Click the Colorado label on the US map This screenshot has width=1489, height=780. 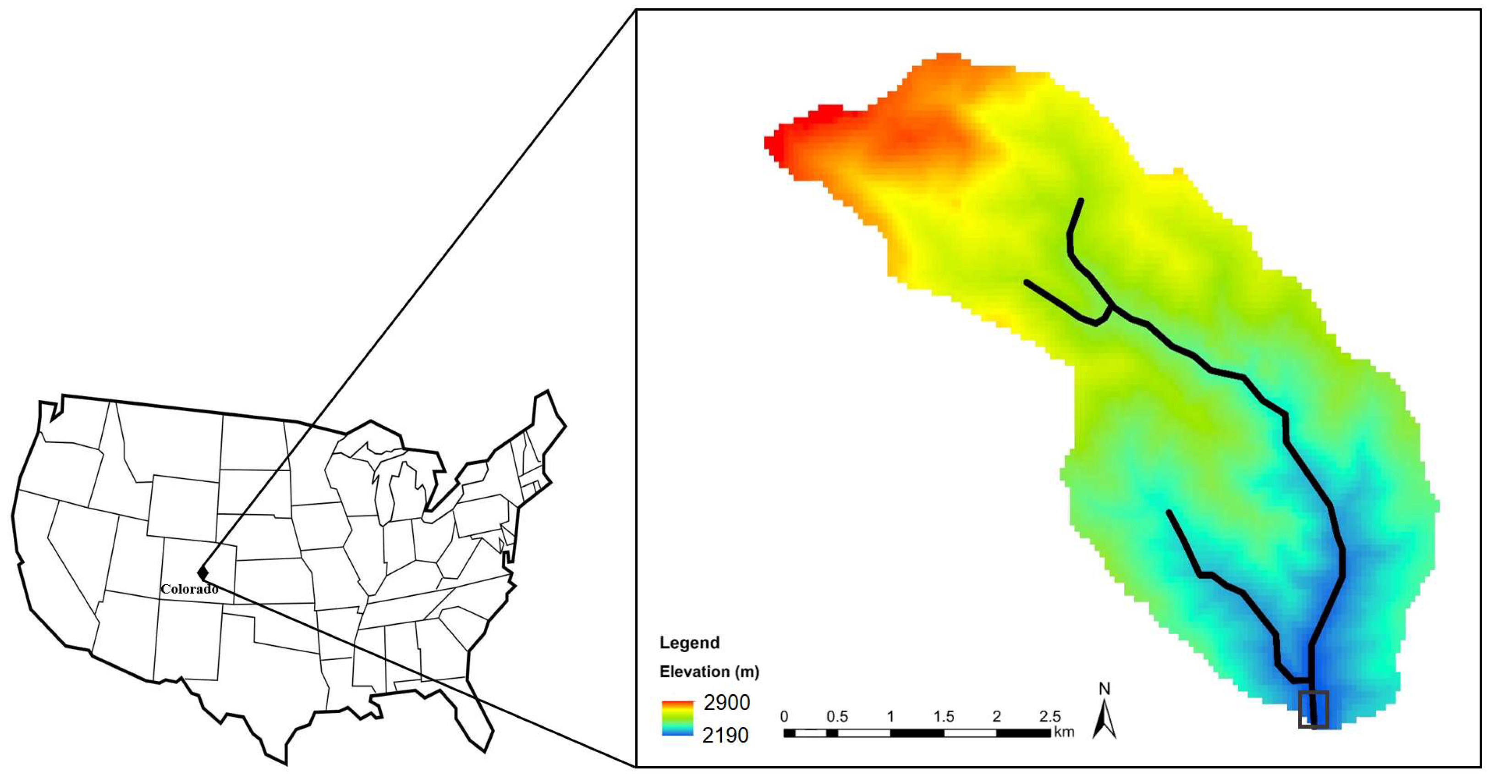pos(189,589)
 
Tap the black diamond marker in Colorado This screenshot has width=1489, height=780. pos(202,572)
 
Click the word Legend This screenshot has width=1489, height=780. pos(689,643)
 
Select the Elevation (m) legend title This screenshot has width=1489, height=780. pos(709,671)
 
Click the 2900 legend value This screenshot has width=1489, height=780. pos(726,703)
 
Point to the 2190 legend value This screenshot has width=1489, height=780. pos(725,736)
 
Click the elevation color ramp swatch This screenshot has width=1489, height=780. pos(677,718)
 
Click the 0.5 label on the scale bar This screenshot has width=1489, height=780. pos(836,716)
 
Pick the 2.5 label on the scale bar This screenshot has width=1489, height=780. pos(1049,716)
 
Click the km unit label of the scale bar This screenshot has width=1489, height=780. pos(1064,732)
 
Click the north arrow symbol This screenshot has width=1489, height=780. pos(1104,720)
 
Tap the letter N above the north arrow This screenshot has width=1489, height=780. pos(1104,689)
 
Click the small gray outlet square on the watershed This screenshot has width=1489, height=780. pos(1313,709)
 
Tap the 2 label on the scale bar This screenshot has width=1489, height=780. pos(996,716)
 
